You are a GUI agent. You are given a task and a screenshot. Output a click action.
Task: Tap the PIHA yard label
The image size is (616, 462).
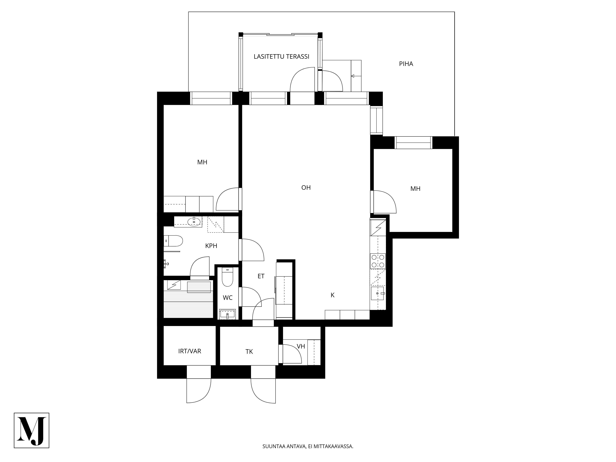pos(406,64)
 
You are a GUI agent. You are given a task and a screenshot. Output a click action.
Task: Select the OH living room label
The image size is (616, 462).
pos(306,188)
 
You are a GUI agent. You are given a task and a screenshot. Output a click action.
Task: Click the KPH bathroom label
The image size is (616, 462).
pos(211,246)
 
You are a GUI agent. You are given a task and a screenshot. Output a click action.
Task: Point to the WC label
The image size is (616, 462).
pos(227,298)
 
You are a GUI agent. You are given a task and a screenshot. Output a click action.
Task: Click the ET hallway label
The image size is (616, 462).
pos(261,276)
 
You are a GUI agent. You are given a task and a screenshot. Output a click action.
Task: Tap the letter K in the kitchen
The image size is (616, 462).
pos(332,295)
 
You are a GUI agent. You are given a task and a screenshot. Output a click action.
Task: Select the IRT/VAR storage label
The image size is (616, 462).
pos(190,351)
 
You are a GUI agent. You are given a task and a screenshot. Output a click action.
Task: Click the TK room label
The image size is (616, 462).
pos(249,352)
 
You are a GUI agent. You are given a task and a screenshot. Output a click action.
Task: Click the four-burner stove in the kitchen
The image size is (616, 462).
pos(378,261)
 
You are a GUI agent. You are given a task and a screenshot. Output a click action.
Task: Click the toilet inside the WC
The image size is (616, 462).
pos(227,277)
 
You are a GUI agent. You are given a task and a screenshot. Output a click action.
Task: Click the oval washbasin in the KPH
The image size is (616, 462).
pos(194,222)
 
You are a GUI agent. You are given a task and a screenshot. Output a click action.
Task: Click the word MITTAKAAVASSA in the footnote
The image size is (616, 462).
pos(333,454)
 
